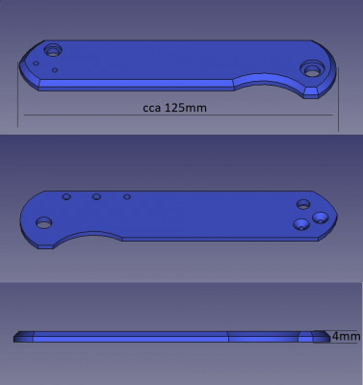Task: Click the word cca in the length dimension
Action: (x=151, y=108)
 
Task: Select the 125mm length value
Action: (x=186, y=107)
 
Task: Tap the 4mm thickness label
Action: (x=346, y=336)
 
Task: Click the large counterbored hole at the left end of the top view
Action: (x=53, y=50)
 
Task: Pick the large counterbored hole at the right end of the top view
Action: (x=312, y=69)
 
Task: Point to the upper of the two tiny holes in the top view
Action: (x=36, y=64)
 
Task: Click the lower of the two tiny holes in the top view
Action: (x=55, y=70)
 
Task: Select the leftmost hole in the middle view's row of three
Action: (x=66, y=196)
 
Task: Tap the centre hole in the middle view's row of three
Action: (x=96, y=196)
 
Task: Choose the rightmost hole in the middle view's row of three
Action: (x=127, y=196)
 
